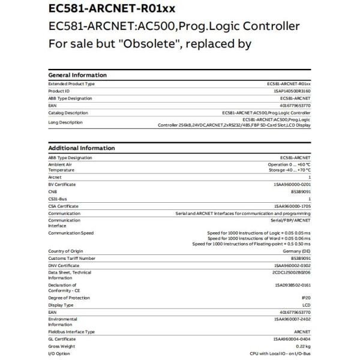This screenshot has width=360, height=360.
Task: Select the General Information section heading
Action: [77, 75]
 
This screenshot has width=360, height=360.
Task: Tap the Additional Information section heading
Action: [82, 148]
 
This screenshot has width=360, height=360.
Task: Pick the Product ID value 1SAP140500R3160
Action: [292, 91]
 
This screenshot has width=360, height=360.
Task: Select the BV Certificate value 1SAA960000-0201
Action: [292, 184]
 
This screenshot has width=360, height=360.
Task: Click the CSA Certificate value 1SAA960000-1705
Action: [292, 206]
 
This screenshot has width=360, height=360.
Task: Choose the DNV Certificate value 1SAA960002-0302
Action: [292, 265]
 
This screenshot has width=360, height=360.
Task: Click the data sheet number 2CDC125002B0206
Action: [292, 272]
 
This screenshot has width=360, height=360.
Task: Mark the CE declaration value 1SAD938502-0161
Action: [292, 285]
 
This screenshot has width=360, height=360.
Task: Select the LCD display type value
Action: [305, 305]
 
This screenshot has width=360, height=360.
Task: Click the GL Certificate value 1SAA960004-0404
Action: [292, 339]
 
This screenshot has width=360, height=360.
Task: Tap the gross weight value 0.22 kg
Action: [301, 346]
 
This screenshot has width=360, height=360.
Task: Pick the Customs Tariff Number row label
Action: [71, 258]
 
